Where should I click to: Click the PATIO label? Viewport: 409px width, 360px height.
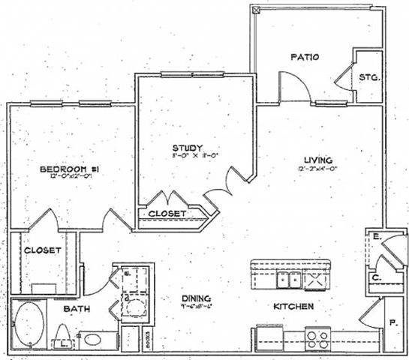click(x=305, y=57)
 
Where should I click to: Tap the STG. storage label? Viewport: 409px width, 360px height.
click(x=368, y=77)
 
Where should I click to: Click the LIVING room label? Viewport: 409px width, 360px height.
click(x=318, y=159)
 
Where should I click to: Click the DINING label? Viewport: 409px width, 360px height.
click(x=196, y=298)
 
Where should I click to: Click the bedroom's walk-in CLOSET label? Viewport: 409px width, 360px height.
click(x=42, y=250)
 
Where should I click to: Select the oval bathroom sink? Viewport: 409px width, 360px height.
click(x=95, y=339)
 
